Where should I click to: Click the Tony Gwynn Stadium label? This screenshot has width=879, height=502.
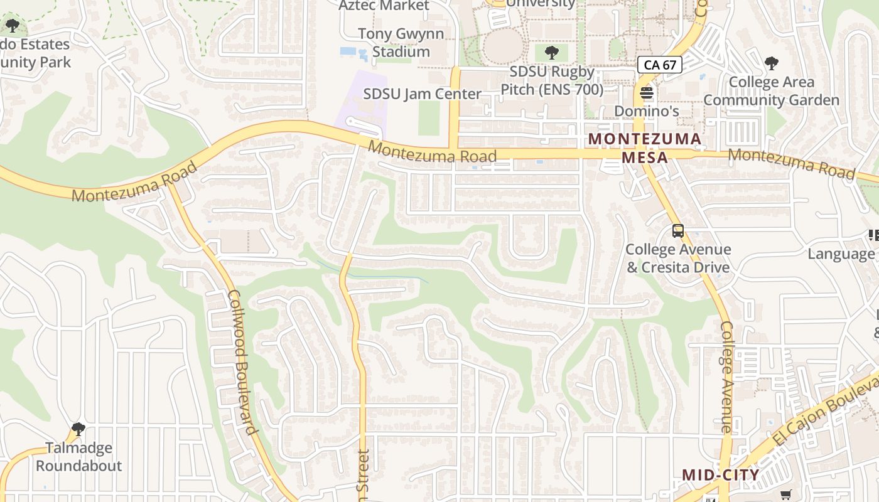click(x=401, y=43)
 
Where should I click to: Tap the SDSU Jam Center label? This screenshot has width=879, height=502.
click(x=423, y=94)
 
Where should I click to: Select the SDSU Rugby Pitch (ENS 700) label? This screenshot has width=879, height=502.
click(x=552, y=80)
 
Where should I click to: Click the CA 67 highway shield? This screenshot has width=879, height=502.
click(x=660, y=65)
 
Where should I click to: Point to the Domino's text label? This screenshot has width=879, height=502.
click(x=647, y=111)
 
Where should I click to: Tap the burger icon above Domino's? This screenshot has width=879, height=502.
click(x=647, y=93)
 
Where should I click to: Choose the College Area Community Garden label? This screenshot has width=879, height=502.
click(x=771, y=91)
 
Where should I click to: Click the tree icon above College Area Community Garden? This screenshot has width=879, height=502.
click(x=772, y=63)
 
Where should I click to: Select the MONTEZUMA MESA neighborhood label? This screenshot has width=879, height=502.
click(x=645, y=148)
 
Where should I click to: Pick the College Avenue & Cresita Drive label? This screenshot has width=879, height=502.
click(x=678, y=259)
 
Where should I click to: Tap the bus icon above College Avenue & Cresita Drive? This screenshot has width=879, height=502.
click(x=678, y=231)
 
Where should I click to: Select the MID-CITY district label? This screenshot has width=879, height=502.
click(x=721, y=475)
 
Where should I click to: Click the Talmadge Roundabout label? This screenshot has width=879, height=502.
click(x=78, y=457)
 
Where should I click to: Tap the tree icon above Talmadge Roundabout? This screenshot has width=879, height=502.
click(x=78, y=429)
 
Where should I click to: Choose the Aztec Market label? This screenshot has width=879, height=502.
click(x=384, y=6)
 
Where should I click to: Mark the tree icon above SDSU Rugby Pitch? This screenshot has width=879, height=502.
click(x=552, y=52)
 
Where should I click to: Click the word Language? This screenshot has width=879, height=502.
click(x=841, y=254)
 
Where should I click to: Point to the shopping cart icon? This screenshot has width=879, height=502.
click(x=785, y=495)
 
